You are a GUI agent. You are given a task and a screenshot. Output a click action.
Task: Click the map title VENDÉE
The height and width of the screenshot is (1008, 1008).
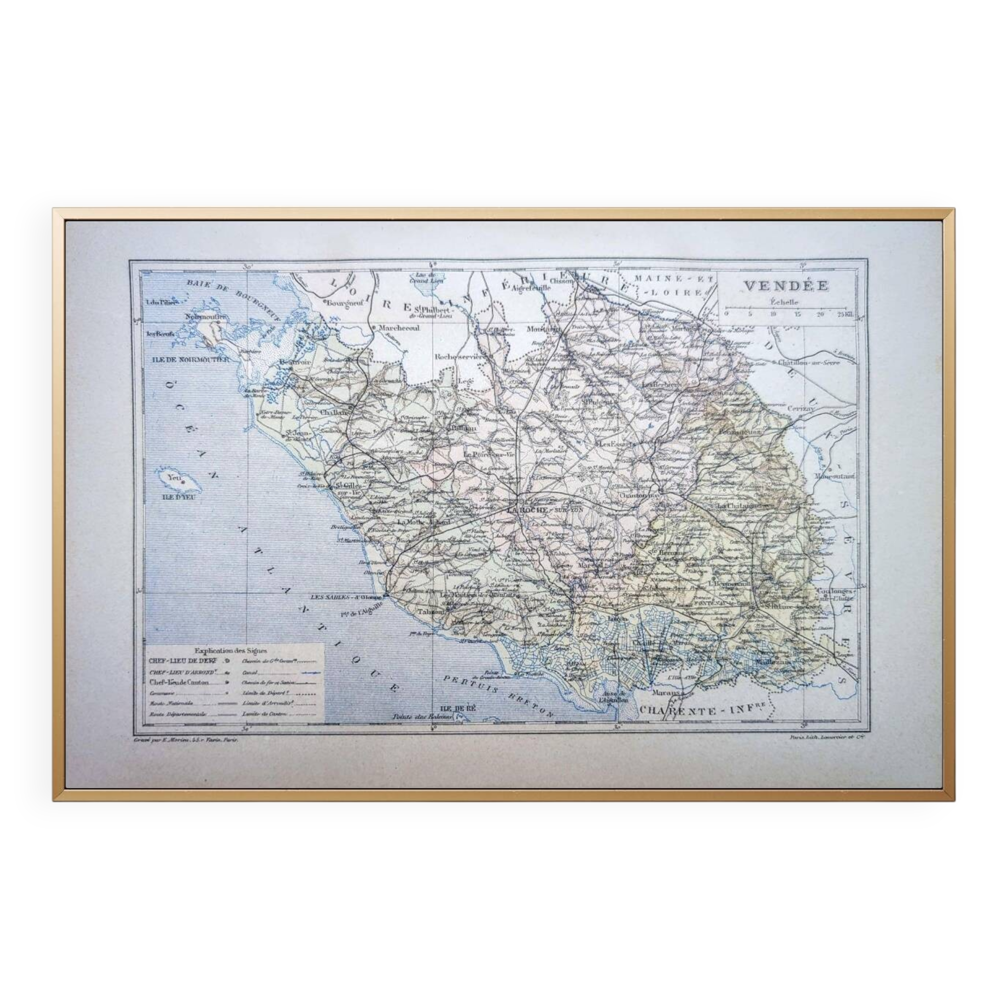[786, 286]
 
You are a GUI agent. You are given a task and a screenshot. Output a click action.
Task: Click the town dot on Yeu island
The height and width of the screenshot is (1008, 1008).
[183, 483]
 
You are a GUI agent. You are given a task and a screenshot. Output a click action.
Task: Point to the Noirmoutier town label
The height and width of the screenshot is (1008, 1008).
[205, 317]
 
